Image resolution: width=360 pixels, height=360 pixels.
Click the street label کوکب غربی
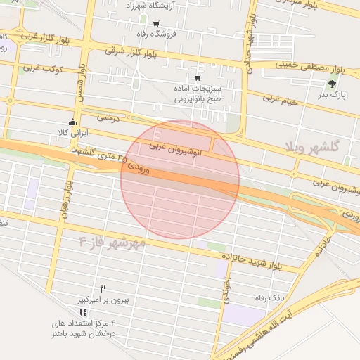[x=44, y=69]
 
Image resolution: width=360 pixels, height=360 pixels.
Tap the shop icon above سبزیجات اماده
[x=197, y=77]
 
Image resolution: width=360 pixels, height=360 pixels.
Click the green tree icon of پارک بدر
[x=331, y=84]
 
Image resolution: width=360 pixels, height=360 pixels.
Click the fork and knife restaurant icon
[x=103, y=289]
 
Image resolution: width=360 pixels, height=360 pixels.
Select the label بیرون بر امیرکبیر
[x=103, y=300]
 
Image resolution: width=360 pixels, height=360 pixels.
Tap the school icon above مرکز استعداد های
[x=83, y=312]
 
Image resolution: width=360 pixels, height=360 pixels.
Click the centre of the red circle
[x=180, y=179]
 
